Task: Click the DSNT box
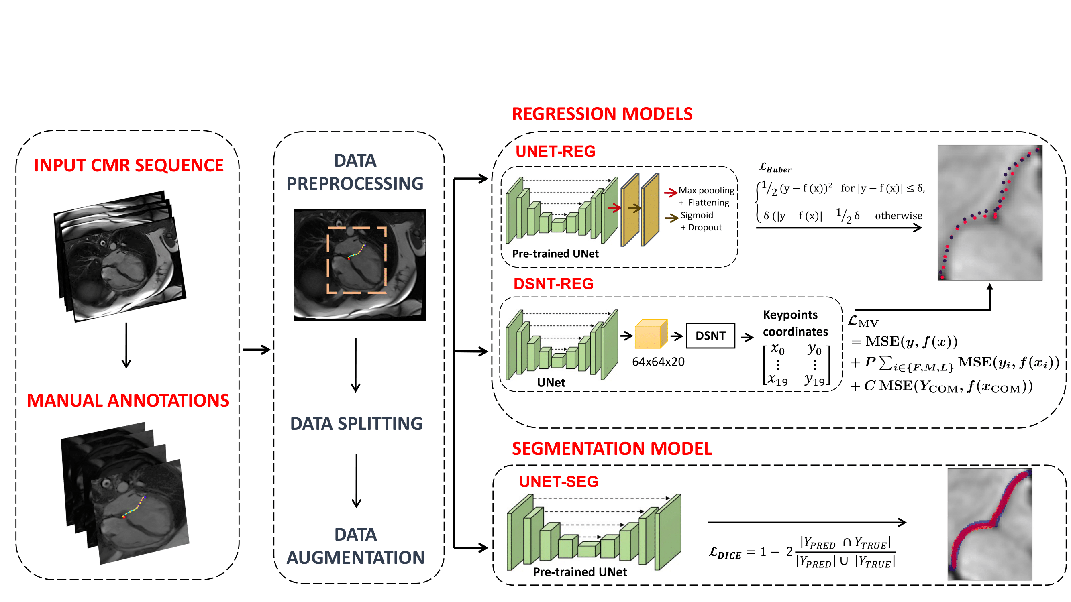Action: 710,335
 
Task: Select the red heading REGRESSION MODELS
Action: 602,114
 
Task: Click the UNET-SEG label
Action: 558,482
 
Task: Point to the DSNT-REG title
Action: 553,284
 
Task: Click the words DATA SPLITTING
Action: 356,424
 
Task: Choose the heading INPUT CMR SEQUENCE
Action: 129,165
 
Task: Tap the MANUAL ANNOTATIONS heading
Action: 128,401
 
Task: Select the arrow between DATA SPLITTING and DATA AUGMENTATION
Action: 356,481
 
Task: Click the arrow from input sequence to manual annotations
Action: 126,345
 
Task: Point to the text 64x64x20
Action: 658,362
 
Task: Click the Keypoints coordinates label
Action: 795,323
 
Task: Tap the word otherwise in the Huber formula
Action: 898,216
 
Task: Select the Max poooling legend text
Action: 706,191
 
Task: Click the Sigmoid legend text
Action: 696,215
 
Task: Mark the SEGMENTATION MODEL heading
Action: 612,449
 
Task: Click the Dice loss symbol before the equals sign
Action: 725,553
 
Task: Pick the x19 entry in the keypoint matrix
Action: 777,379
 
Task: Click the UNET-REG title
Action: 555,151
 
